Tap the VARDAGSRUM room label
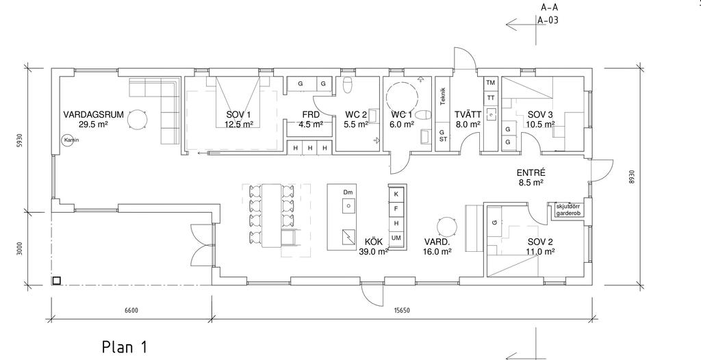(x=93, y=115)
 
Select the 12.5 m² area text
(x=239, y=125)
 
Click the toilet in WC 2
(x=347, y=85)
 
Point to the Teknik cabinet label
(x=444, y=96)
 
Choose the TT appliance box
(x=490, y=98)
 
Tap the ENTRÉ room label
(x=531, y=174)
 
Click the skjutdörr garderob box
(x=568, y=209)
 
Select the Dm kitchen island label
(x=348, y=193)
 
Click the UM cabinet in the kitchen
(x=396, y=237)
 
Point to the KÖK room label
(x=373, y=242)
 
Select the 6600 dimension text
(x=131, y=310)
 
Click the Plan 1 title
(x=125, y=346)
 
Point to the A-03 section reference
(x=548, y=21)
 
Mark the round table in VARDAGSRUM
(x=139, y=120)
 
